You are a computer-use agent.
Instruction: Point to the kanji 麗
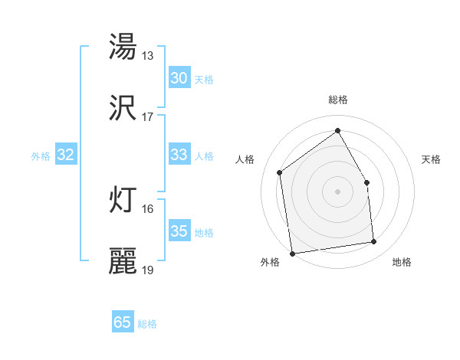click(x=123, y=261)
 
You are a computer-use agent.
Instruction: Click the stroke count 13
click(x=148, y=55)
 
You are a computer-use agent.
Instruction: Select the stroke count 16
click(x=148, y=208)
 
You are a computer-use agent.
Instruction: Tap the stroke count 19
click(x=148, y=270)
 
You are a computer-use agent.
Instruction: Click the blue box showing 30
click(x=179, y=78)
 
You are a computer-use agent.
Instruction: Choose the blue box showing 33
click(x=179, y=155)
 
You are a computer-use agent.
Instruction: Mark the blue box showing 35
click(x=179, y=231)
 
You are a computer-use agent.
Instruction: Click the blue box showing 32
click(x=65, y=155)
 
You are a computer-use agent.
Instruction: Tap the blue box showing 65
click(x=123, y=322)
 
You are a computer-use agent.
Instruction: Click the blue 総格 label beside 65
click(x=147, y=324)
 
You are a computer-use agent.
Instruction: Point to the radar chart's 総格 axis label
click(x=338, y=100)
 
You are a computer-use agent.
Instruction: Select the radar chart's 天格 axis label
click(x=432, y=159)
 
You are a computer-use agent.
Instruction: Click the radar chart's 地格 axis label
click(x=402, y=262)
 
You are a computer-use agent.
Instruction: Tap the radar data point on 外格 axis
click(x=292, y=253)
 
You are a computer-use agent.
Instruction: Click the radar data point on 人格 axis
click(x=280, y=172)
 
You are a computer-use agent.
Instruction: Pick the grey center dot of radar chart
click(x=338, y=191)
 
